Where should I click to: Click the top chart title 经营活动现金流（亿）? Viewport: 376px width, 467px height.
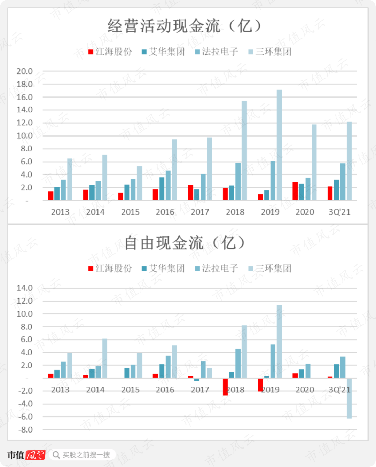point(184,26)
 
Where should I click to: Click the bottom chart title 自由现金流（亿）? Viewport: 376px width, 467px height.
point(184,243)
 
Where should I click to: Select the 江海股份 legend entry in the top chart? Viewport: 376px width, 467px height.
point(110,52)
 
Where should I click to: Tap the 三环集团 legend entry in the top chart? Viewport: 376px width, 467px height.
point(270,52)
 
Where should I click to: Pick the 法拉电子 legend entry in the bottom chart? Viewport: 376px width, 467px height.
point(217,268)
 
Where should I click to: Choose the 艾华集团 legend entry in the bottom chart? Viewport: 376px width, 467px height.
point(163,268)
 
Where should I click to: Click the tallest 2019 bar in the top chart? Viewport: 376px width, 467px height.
point(279,145)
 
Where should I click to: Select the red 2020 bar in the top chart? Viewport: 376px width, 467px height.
point(295,191)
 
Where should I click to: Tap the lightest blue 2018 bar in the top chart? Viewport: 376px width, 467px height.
point(244,150)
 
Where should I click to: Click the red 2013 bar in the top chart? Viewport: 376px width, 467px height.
point(51,196)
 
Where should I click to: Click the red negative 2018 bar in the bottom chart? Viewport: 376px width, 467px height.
point(225,387)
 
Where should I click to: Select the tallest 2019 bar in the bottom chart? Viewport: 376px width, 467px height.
point(279,342)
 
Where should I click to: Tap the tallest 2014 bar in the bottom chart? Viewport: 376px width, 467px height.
point(105,358)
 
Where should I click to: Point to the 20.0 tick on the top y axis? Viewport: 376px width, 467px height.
point(25,71)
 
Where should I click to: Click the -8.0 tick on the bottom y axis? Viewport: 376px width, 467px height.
point(25,430)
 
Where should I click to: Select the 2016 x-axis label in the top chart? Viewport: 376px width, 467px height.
point(165,212)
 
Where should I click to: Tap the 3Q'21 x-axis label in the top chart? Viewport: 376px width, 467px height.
point(339,212)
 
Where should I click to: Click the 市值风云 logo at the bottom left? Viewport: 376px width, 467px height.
point(26,455)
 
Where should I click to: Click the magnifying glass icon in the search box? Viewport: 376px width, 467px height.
point(56,455)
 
